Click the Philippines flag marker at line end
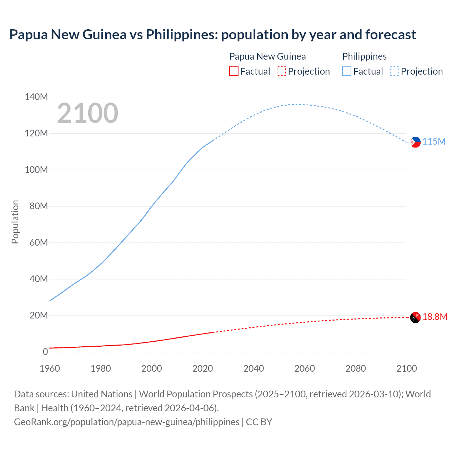[415, 142]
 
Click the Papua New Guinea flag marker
[415, 317]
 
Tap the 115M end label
[434, 141]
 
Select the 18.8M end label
[435, 317]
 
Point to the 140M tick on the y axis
[36, 97]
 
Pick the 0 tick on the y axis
[45, 352]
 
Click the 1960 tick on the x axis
[50, 368]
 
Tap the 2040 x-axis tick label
[253, 368]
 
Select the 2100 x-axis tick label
[406, 368]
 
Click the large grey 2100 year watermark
[87, 113]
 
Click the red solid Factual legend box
[233, 71]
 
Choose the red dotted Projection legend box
[281, 71]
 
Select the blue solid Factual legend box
[346, 71]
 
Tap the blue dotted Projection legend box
[394, 71]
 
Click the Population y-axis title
[15, 222]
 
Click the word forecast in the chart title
[391, 35]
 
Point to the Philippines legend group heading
[364, 56]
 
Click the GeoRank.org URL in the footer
[127, 422]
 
